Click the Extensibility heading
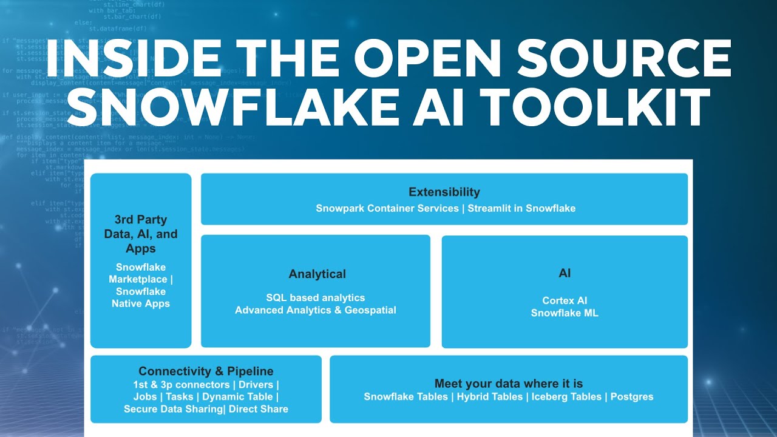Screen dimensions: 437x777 point(444,192)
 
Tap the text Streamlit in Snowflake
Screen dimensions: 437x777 point(521,208)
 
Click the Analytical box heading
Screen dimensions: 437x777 point(317,274)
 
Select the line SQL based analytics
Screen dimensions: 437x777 point(316,297)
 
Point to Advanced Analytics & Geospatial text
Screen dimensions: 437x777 point(316,310)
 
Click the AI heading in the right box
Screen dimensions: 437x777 point(565,274)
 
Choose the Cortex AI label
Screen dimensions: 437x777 point(565,300)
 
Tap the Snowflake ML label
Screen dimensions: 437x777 point(565,313)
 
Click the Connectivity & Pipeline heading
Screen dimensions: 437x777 point(206,371)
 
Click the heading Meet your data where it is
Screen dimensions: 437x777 point(509,384)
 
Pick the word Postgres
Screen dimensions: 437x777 point(632,396)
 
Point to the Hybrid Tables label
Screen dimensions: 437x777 point(490,396)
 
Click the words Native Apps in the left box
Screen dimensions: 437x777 point(141,303)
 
